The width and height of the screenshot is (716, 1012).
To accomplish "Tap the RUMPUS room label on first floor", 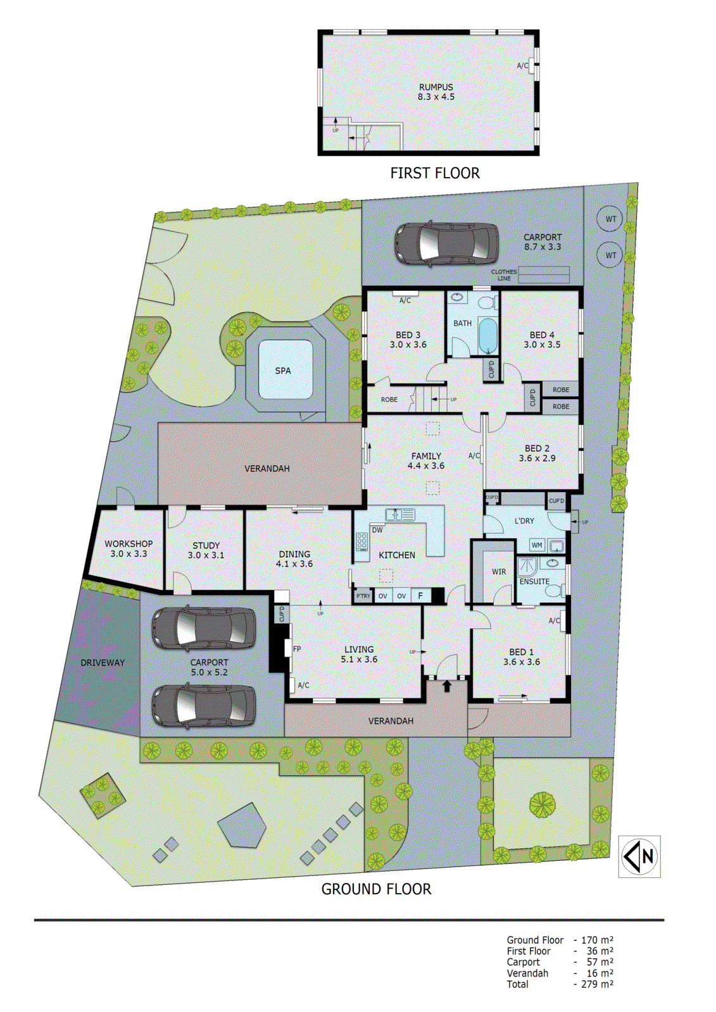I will click(436, 87).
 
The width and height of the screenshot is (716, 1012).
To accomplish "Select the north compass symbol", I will click(639, 856).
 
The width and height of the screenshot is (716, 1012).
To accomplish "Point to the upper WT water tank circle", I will click(610, 219).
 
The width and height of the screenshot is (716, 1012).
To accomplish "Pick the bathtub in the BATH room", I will click(487, 335).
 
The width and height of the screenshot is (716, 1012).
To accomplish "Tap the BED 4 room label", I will click(542, 335).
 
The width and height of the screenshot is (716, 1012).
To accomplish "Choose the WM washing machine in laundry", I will click(537, 545).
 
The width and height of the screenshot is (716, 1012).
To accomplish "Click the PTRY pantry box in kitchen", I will click(363, 596).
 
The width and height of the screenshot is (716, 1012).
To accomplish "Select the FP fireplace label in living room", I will click(297, 649).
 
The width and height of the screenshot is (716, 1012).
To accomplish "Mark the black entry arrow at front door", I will click(447, 686).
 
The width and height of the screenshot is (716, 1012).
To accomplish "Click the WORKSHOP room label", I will click(129, 544).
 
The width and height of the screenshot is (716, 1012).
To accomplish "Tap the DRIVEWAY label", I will click(103, 663).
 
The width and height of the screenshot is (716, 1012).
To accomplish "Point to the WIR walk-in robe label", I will click(499, 572).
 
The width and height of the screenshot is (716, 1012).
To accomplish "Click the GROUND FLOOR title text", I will click(376, 889).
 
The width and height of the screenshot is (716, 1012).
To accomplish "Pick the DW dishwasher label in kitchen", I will click(377, 530).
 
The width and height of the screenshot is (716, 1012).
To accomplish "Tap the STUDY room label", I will click(206, 545).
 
